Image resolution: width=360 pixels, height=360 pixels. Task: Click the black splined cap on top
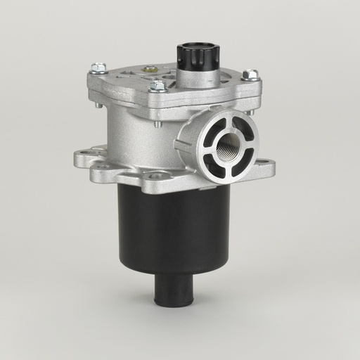click(198, 54)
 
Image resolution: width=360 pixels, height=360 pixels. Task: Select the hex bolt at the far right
click(250, 75)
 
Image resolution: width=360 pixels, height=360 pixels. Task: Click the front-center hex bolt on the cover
click(158, 86)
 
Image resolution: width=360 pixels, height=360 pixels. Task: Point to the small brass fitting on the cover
click(150, 69)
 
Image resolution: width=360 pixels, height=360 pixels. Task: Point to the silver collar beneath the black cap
click(198, 77)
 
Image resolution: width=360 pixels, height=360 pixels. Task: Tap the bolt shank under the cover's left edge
click(99, 105)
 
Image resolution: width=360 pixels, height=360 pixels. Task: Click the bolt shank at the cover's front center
click(157, 124)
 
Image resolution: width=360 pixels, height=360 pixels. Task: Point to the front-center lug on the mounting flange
click(156, 176)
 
